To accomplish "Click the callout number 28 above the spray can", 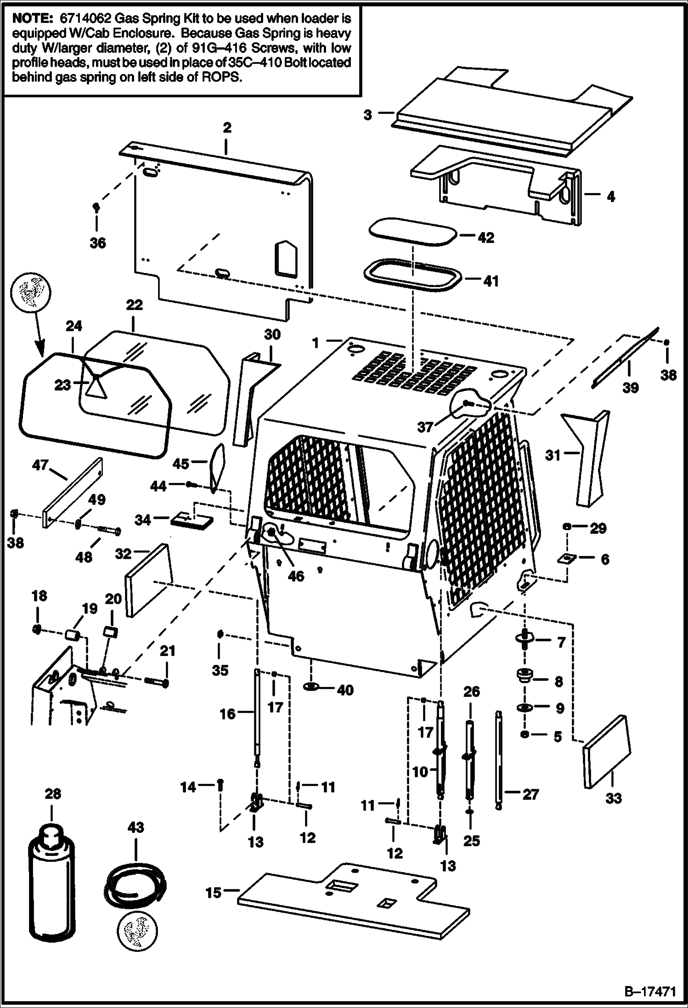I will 52,793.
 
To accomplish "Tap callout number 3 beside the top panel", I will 367,114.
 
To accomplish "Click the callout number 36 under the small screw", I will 97,243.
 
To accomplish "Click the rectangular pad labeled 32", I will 148,580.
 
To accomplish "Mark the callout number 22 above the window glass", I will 134,305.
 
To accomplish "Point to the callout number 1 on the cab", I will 315,342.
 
